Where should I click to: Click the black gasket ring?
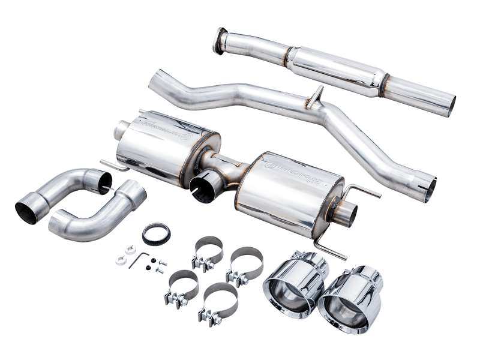pos(156,234)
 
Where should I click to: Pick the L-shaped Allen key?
pos(139,259)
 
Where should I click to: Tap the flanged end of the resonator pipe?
pos(220,40)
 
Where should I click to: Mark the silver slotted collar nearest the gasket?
pos(130,250)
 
